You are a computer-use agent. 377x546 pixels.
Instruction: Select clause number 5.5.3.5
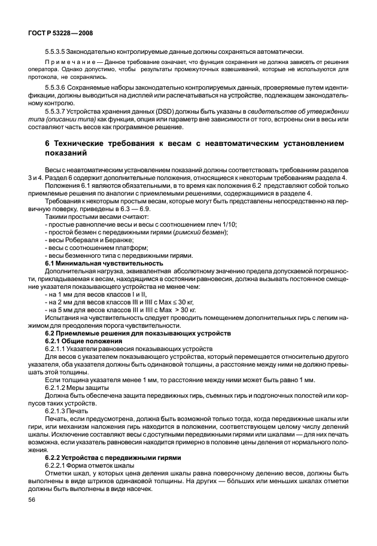tap(58, 51)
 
